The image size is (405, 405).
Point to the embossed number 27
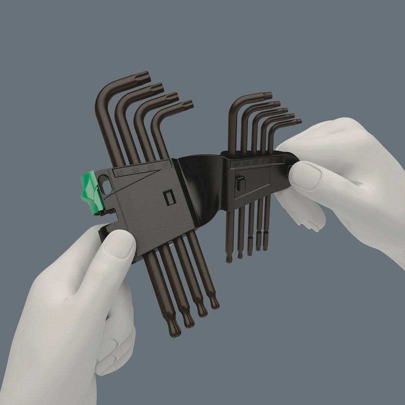151,168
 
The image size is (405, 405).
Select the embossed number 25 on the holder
166,165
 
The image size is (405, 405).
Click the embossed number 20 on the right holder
237,164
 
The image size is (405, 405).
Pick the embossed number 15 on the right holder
246,163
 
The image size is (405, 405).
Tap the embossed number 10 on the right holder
255,162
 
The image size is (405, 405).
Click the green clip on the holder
92,192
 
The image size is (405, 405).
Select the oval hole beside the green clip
107,187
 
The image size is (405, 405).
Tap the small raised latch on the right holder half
241,183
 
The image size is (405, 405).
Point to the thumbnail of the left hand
120,243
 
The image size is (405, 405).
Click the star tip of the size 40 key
144,77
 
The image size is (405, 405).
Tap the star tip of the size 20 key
268,96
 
